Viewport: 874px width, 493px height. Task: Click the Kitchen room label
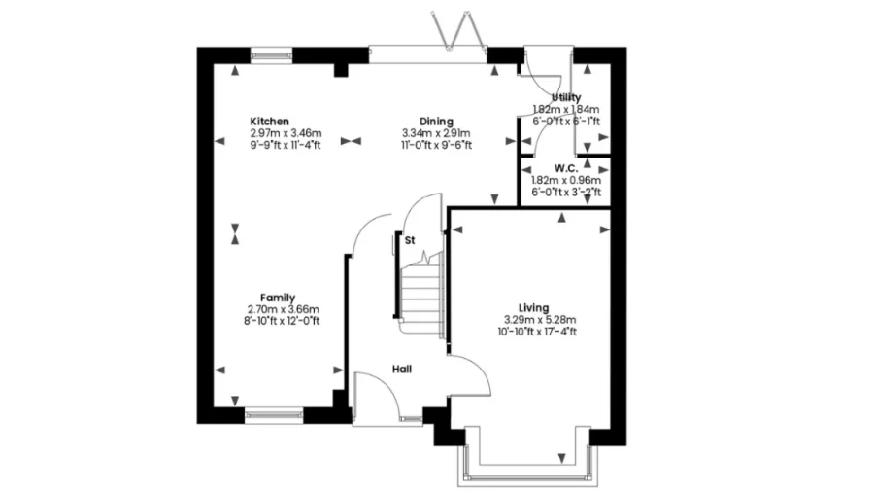pyautogui.click(x=269, y=122)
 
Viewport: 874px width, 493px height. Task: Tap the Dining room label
pyautogui.click(x=436, y=122)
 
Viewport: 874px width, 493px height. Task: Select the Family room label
pyautogui.click(x=278, y=298)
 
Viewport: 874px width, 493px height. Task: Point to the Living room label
pyautogui.click(x=533, y=307)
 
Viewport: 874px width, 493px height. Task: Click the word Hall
pyautogui.click(x=402, y=370)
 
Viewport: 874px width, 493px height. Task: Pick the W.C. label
pyautogui.click(x=566, y=168)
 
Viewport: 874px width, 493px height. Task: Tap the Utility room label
pyautogui.click(x=566, y=97)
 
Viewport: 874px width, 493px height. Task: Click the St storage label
pyautogui.click(x=410, y=240)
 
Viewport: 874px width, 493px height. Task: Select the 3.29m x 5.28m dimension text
pyautogui.click(x=540, y=320)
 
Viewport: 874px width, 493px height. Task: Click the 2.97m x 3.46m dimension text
pyautogui.click(x=286, y=133)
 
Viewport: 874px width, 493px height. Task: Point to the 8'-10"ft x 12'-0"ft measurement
pyautogui.click(x=282, y=321)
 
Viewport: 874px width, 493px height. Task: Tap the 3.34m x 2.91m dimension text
pyautogui.click(x=436, y=133)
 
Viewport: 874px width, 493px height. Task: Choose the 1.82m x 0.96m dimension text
pyautogui.click(x=566, y=180)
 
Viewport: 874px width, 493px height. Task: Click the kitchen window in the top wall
pyautogui.click(x=272, y=55)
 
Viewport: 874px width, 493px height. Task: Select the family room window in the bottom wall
pyautogui.click(x=274, y=414)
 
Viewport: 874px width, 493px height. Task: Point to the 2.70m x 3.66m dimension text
pyautogui.click(x=284, y=309)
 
